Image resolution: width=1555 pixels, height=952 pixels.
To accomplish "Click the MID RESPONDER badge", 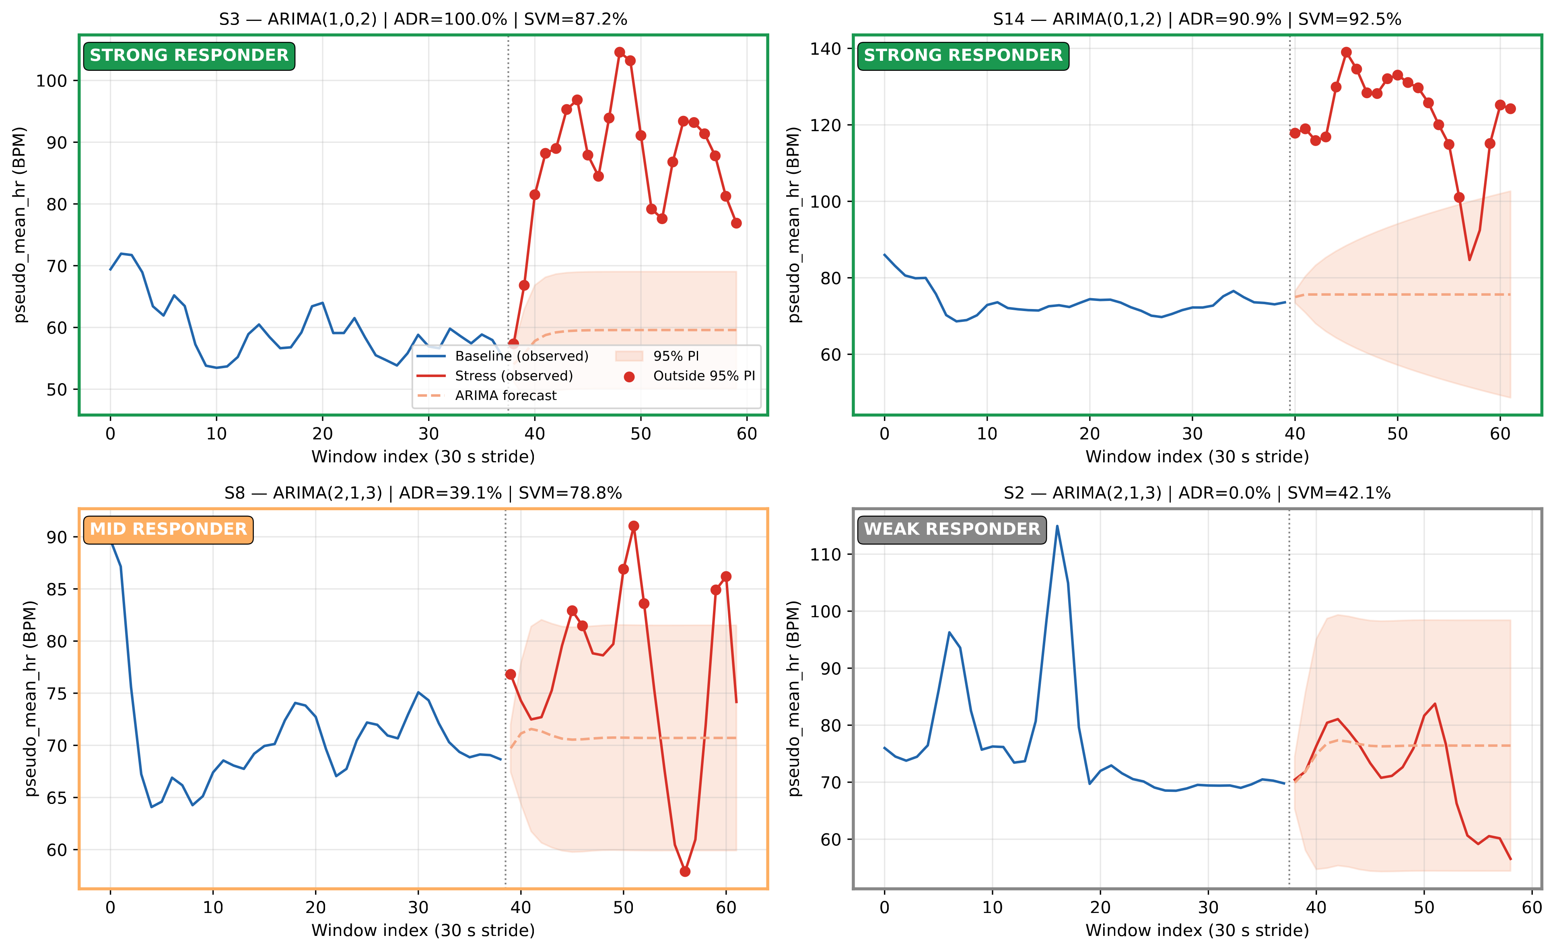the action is [169, 529].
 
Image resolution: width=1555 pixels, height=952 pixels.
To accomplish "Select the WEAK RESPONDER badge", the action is [952, 529].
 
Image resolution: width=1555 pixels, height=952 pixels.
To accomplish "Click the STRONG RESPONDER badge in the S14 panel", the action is [963, 56].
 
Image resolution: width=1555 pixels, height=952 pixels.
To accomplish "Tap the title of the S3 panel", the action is [423, 19].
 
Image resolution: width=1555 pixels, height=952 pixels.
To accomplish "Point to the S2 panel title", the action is [1197, 492].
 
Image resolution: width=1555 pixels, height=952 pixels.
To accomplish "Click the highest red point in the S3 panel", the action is [620, 52].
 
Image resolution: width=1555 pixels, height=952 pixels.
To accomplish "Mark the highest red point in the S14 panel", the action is [1346, 52].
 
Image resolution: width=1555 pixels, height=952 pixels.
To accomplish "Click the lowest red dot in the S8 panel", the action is [685, 872].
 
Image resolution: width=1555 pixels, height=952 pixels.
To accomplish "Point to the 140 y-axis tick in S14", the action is [826, 49].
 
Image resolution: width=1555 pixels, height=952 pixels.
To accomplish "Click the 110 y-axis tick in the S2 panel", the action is [826, 554].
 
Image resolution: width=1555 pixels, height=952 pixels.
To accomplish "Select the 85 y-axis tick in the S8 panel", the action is [57, 589].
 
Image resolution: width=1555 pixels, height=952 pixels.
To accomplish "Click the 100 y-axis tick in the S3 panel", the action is [52, 81].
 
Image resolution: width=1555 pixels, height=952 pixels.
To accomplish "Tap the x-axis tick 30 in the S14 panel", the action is [1192, 434].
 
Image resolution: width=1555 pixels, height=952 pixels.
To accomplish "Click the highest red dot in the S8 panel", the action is [634, 526].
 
